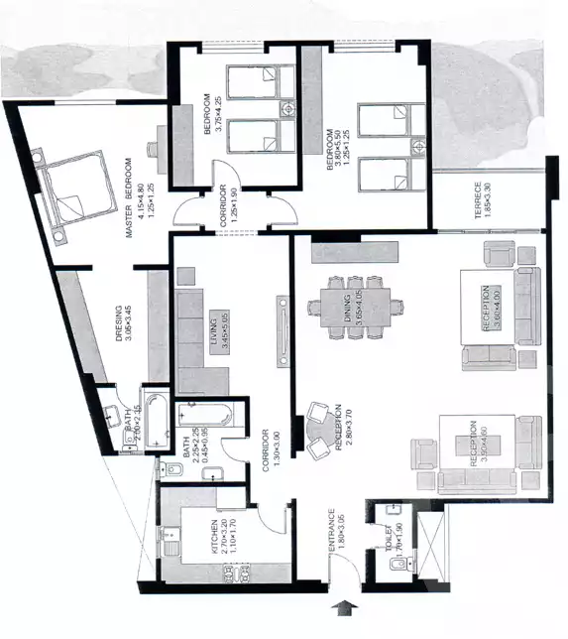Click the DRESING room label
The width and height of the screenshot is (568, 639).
pyautogui.click(x=118, y=321)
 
